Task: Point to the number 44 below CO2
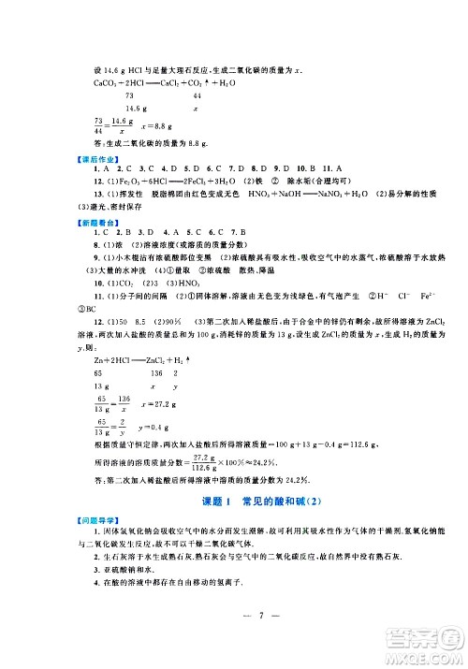coord(196,96)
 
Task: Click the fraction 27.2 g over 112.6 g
coord(199,461)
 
